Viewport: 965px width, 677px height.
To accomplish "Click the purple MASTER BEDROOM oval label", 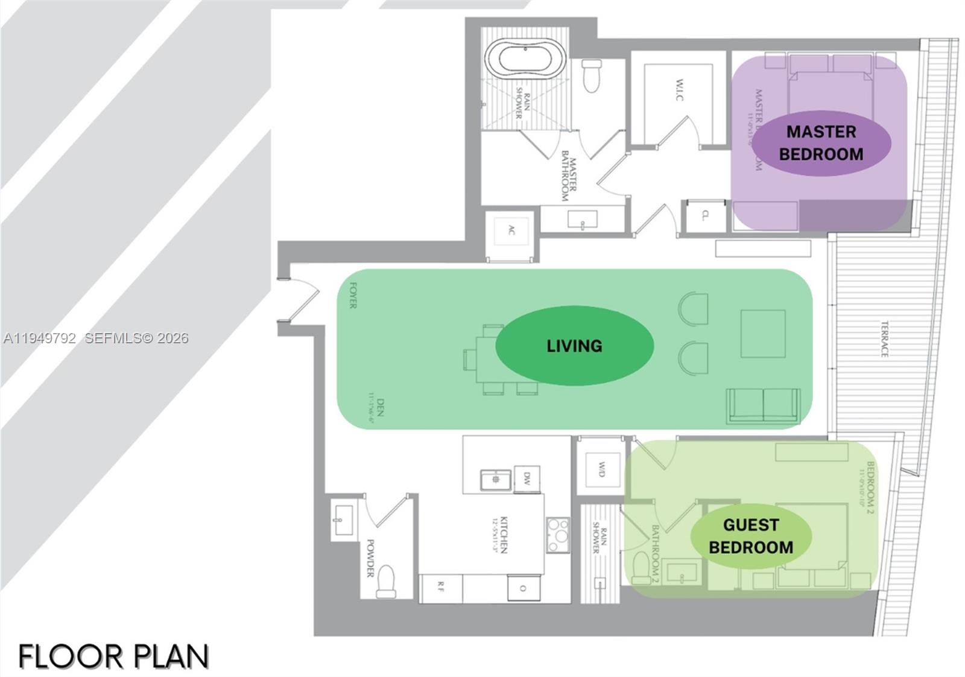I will (821, 143).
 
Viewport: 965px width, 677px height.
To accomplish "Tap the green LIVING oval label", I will (574, 346).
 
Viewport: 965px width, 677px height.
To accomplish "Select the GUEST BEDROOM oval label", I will (751, 536).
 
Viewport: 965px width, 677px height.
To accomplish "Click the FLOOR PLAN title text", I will (113, 656).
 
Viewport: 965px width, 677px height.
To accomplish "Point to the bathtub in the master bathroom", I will (525, 60).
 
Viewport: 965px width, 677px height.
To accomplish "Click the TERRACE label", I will (884, 339).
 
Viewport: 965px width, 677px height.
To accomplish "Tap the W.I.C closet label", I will (679, 90).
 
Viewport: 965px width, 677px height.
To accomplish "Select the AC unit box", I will (511, 230).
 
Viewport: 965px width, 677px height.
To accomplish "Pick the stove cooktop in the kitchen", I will (558, 534).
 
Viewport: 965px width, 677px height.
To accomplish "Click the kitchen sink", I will (496, 480).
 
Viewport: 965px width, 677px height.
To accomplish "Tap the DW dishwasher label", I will (527, 479).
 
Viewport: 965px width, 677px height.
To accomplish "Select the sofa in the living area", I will (764, 405).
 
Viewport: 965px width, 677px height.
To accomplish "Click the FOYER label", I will (353, 296).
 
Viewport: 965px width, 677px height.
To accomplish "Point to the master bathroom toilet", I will (592, 75).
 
